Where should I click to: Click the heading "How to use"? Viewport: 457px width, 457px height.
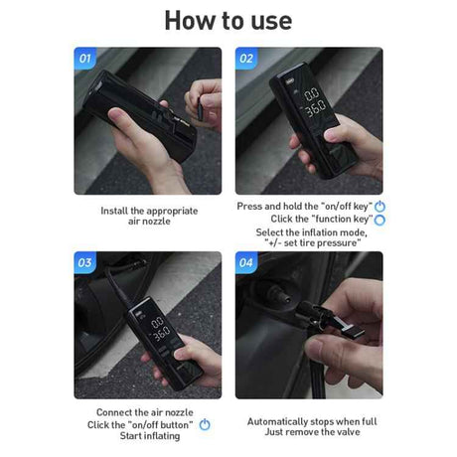pos(228,20)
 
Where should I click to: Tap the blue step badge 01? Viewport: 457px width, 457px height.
pos(85,59)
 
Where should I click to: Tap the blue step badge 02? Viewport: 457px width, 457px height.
pos(246,59)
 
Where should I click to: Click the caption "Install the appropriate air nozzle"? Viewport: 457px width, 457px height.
pos(149,217)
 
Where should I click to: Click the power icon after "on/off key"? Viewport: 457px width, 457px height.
pos(380,207)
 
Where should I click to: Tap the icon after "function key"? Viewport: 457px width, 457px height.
pos(380,220)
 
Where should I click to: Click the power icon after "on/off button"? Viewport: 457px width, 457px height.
pos(205,424)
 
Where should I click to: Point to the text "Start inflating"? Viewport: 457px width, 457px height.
pos(148,436)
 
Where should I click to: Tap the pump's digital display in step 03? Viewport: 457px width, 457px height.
pos(158,329)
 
